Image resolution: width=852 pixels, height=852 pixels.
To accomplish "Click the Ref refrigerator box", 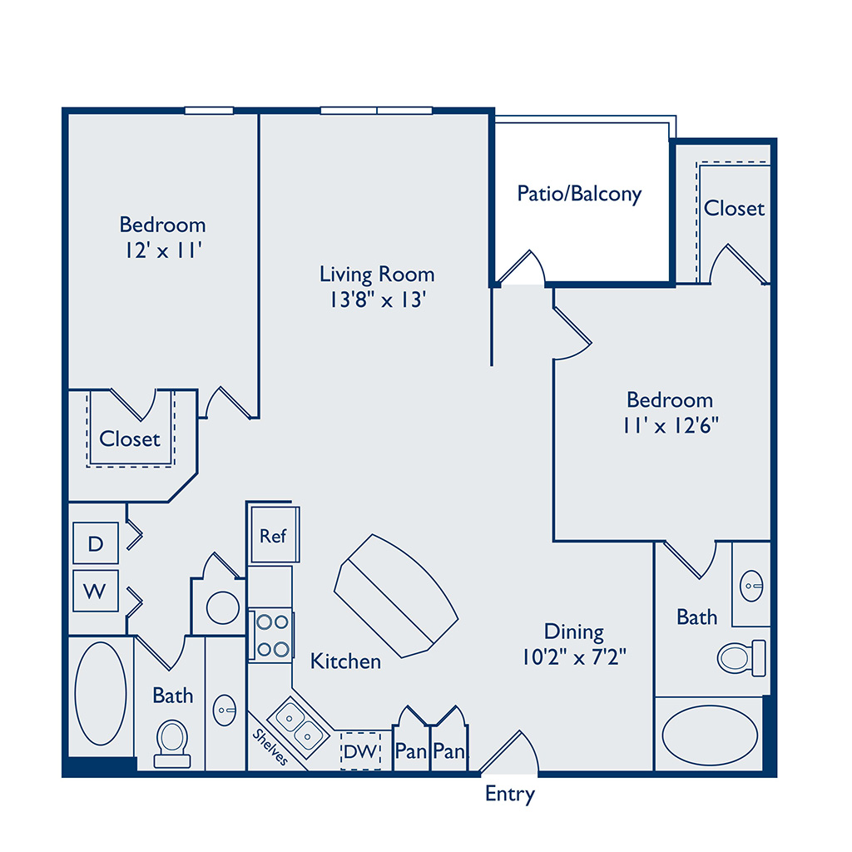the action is [x=275, y=535].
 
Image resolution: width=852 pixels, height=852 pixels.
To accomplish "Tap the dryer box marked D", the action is [x=96, y=542].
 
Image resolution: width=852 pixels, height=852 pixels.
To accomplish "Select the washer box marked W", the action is [x=96, y=591].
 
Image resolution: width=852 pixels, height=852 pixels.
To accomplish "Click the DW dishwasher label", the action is [x=359, y=751].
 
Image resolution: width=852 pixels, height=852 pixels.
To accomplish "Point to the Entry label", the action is [x=510, y=794].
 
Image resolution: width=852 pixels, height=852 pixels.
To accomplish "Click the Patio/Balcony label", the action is [x=579, y=193].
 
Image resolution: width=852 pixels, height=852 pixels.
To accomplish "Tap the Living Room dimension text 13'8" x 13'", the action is [x=378, y=300].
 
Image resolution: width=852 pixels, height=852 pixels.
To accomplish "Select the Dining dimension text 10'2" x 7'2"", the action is [x=574, y=657].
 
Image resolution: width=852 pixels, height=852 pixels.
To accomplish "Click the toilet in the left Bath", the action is [x=172, y=743].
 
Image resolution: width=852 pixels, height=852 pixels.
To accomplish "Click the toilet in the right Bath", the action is [x=741, y=658].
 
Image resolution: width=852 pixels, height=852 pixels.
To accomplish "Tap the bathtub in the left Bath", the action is [x=101, y=693].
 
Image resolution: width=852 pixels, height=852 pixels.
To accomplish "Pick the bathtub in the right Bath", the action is [x=710, y=736].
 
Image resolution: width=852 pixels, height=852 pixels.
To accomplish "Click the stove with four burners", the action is [x=272, y=635].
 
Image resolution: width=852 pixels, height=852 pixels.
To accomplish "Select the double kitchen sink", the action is [x=299, y=727].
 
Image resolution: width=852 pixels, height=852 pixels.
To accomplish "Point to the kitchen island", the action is [x=396, y=596].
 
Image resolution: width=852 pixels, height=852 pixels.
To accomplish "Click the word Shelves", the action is [x=270, y=747].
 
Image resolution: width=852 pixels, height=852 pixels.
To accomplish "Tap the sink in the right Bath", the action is [x=752, y=586].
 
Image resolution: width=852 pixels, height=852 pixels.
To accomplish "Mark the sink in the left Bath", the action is [x=225, y=710].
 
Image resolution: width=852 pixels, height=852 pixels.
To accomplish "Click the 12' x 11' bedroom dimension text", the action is [x=163, y=250].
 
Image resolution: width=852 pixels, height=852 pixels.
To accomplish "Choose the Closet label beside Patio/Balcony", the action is [x=734, y=208].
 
